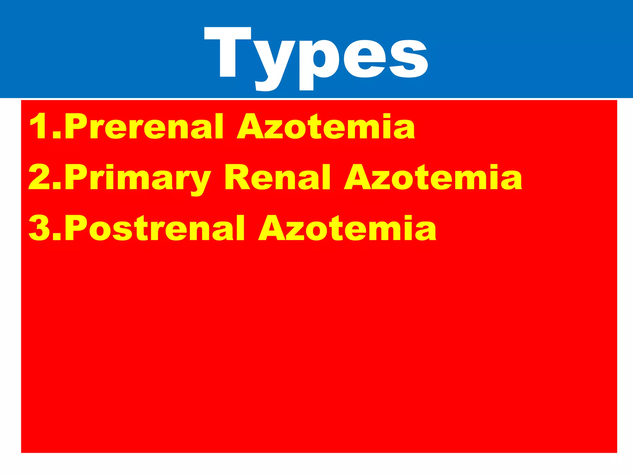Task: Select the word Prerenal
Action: point(144,127)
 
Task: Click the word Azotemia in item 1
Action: point(326,127)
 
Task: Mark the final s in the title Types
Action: point(409,59)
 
